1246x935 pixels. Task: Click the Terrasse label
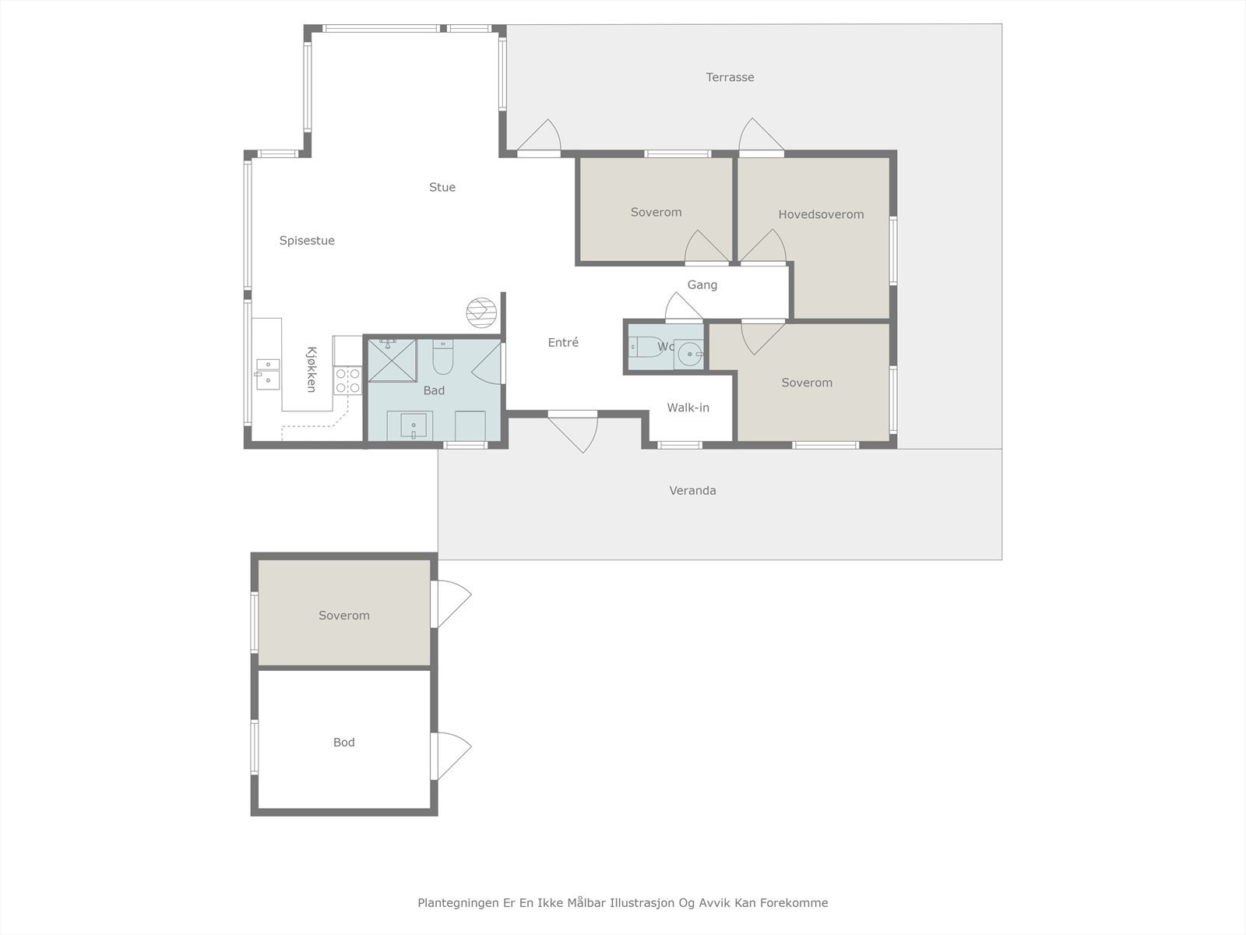730,77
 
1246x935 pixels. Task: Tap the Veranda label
692,490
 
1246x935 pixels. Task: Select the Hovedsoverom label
821,214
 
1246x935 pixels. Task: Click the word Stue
442,187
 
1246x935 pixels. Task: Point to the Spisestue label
307,241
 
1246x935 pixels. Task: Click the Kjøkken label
311,369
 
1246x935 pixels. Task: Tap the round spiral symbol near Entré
480,312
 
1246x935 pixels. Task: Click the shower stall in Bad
392,360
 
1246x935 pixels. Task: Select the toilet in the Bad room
442,358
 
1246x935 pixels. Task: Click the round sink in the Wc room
688,355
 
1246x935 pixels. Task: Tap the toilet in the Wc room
643,346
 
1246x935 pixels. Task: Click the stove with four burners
347,380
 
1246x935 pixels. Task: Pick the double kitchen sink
268,373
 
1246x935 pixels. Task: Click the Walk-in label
688,408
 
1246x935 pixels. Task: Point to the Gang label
702,285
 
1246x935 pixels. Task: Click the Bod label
343,743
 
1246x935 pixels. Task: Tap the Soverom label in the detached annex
343,616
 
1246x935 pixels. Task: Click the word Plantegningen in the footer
454,903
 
